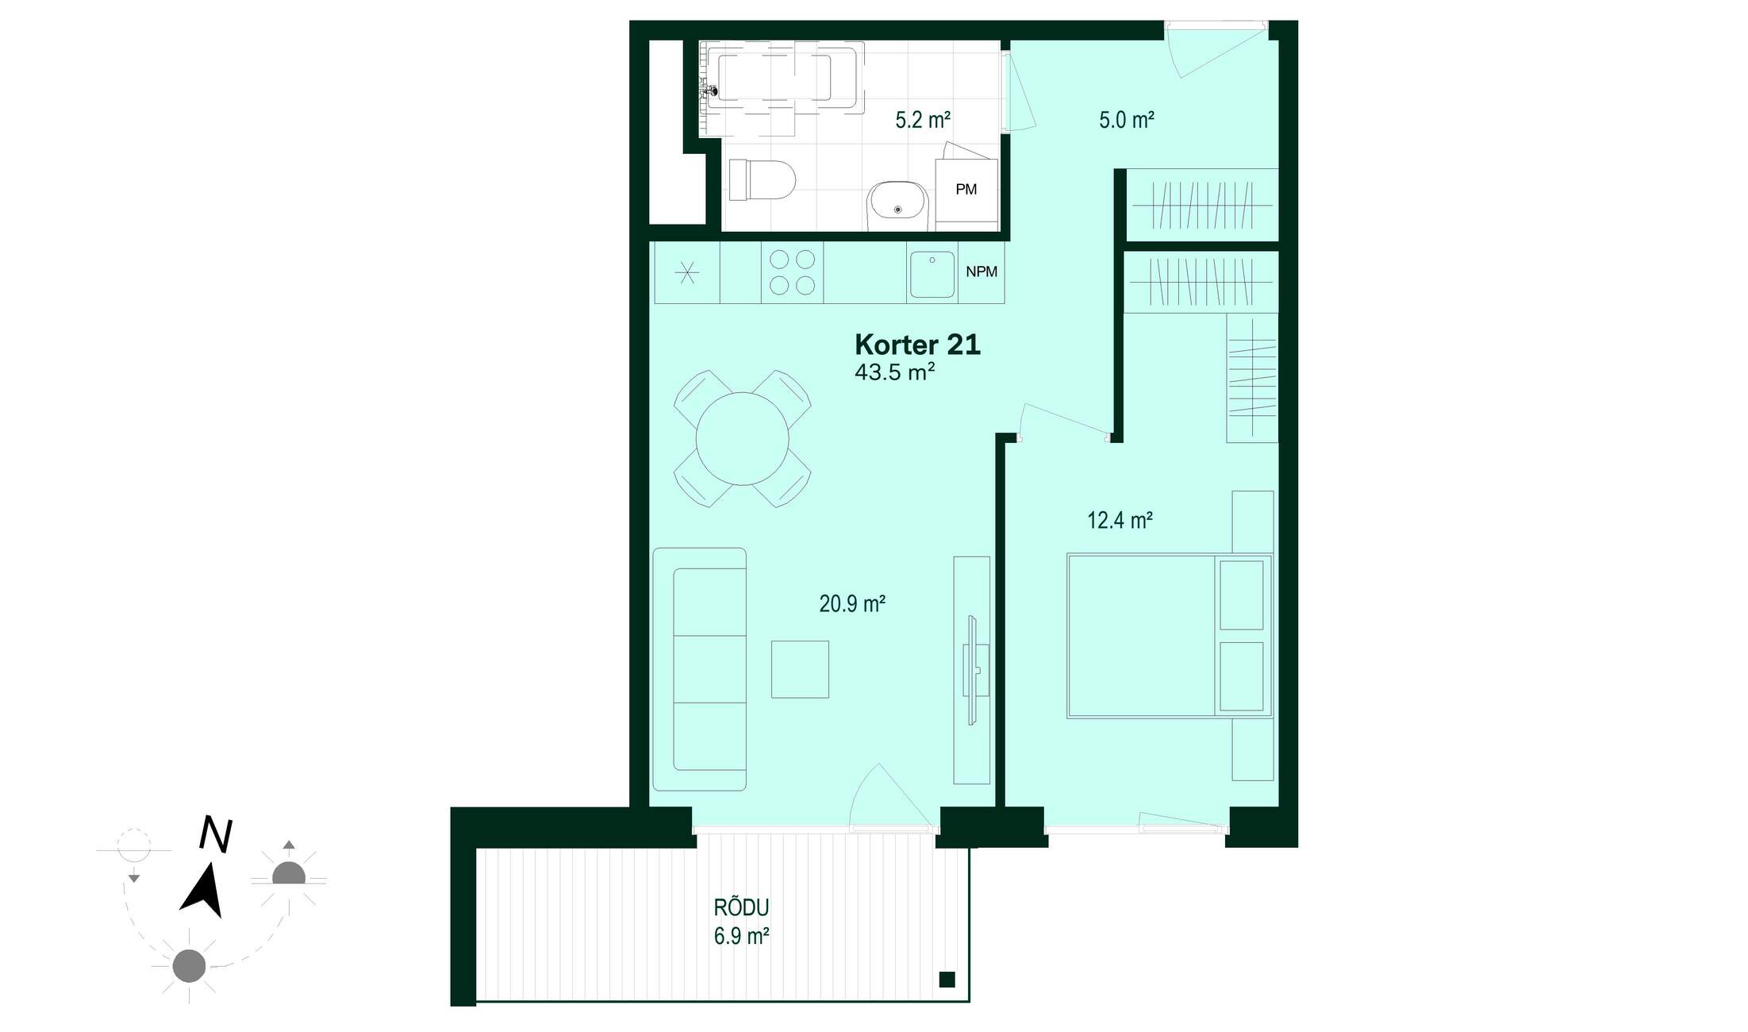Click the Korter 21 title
[917, 345]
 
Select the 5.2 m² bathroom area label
[923, 120]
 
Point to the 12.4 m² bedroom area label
[1120, 520]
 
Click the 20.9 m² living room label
[852, 604]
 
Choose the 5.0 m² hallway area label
[1126, 120]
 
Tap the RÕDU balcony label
[741, 907]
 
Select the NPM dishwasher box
[982, 272]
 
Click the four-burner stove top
[793, 272]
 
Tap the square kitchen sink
[932, 275]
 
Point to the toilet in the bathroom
[762, 179]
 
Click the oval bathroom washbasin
[897, 206]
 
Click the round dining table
[743, 438]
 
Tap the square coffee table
[800, 669]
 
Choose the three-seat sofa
[700, 669]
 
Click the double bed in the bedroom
[1170, 636]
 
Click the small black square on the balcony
[947, 980]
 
